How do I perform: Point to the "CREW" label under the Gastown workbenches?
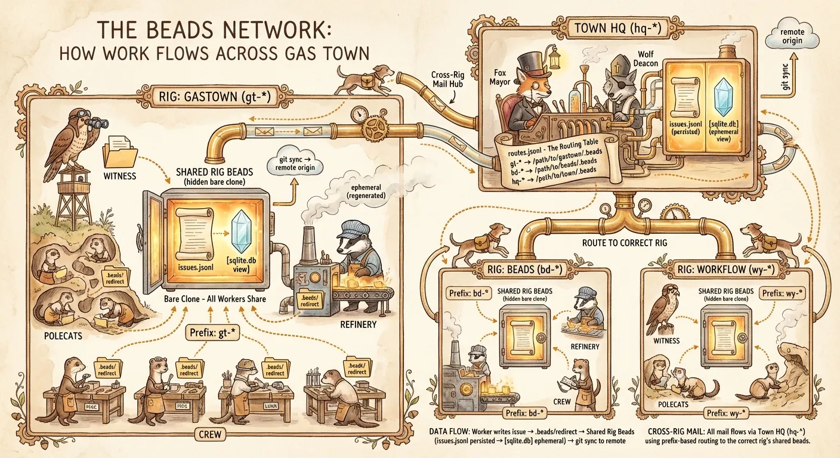209,434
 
